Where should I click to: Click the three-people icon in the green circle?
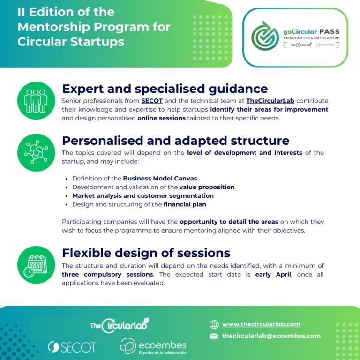click(36, 101)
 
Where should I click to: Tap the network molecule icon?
click(36, 152)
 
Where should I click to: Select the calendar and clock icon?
click(35, 266)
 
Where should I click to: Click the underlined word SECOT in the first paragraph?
click(152, 101)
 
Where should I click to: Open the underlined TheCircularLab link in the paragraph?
click(270, 101)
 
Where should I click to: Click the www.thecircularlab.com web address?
click(261, 324)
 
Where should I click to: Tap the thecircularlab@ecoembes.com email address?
click(271, 336)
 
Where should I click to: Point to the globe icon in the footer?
click(214, 324)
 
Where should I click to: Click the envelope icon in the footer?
click(214, 336)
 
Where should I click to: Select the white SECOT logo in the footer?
click(72, 347)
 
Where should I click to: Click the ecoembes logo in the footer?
click(153, 346)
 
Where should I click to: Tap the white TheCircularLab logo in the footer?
click(120, 325)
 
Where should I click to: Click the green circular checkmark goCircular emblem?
click(265, 36)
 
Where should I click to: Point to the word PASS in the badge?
click(329, 31)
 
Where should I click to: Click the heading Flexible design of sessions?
click(146, 253)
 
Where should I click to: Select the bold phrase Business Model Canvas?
click(160, 179)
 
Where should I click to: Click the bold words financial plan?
click(185, 204)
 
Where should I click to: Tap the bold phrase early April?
click(273, 274)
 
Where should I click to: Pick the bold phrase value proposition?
click(207, 187)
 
